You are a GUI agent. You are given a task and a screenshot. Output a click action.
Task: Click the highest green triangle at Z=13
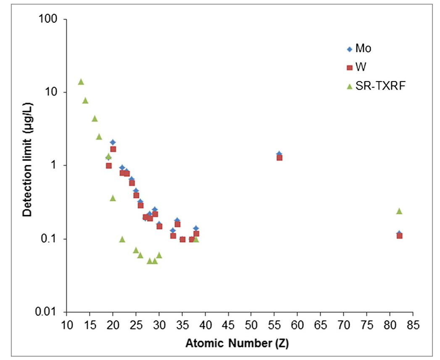coord(81,82)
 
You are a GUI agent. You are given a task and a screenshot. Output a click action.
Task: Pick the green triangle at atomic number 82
coord(399,211)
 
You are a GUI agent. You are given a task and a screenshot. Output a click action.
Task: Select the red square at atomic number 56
coord(279,158)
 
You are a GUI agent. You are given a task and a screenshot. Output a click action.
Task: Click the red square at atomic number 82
coord(399,236)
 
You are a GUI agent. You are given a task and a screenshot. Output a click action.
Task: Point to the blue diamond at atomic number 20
coord(113,142)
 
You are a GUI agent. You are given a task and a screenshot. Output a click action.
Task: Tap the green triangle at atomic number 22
coord(122,239)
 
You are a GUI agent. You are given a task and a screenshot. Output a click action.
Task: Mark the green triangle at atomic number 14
coord(85,101)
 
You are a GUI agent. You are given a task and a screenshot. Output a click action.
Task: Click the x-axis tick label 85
coord(413,326)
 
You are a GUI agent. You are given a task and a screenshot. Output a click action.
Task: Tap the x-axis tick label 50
coord(251,326)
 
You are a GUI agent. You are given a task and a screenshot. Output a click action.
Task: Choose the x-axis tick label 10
coord(66,326)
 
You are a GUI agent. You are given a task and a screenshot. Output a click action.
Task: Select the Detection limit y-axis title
coord(28,166)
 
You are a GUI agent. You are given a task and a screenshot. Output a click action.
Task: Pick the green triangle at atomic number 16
coord(95,119)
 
